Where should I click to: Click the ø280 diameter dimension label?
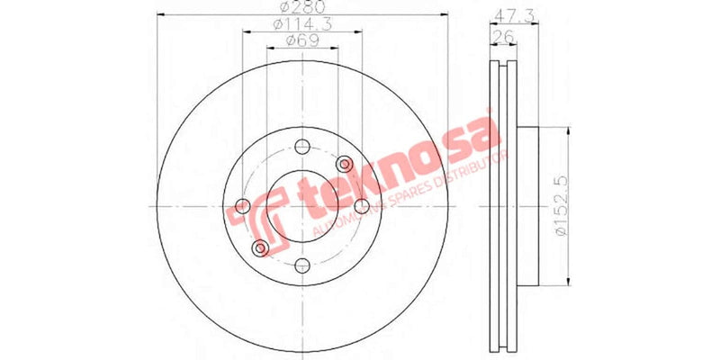tap(302, 9)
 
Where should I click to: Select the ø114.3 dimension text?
tap(302, 25)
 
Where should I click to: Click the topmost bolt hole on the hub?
tap(302, 147)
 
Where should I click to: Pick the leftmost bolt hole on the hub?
tap(243, 206)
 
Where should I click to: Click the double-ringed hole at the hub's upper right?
tap(345, 164)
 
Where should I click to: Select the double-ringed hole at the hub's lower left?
tap(260, 247)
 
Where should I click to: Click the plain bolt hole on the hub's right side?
tap(361, 206)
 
